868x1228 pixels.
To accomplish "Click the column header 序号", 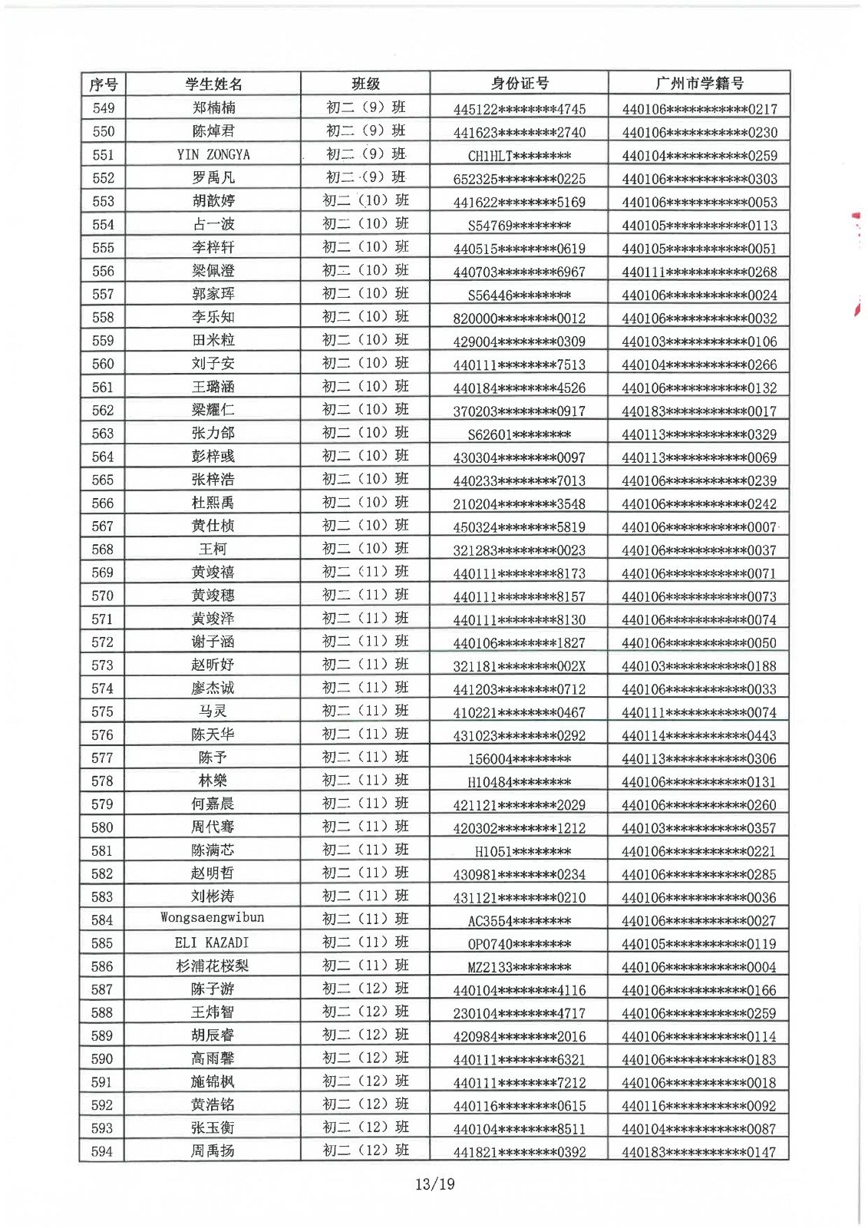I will pos(103,84).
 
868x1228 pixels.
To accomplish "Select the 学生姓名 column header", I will pos(213,84).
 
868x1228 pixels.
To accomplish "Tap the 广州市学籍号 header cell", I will pos(699,84).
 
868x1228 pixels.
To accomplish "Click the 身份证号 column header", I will pos(520,84).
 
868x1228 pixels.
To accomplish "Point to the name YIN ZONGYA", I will pos(213,154).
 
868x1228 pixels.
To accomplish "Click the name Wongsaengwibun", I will pos(213,918).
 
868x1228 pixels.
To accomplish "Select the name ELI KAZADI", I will pos(212,942).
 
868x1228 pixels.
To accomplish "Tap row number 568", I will pos(103,550).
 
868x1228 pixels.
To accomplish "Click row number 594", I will pos(102,1151).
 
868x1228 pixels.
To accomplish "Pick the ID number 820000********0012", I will pos(519,319).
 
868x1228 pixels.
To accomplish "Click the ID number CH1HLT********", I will pos(519,156).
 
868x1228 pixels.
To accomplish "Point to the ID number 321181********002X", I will pos(519,666).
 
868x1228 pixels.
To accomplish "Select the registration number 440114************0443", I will pos(698,735).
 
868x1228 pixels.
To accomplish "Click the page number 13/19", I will pos(434,1184).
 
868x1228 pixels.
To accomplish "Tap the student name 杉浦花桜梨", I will pos(213,966).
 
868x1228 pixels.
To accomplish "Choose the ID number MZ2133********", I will pos(519,967).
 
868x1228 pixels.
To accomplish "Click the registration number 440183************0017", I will pos(698,411).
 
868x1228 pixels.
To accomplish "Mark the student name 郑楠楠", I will pos(213,108).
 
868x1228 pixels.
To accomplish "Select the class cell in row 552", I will pos(365,177).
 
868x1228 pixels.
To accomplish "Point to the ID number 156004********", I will pos(519,759).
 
